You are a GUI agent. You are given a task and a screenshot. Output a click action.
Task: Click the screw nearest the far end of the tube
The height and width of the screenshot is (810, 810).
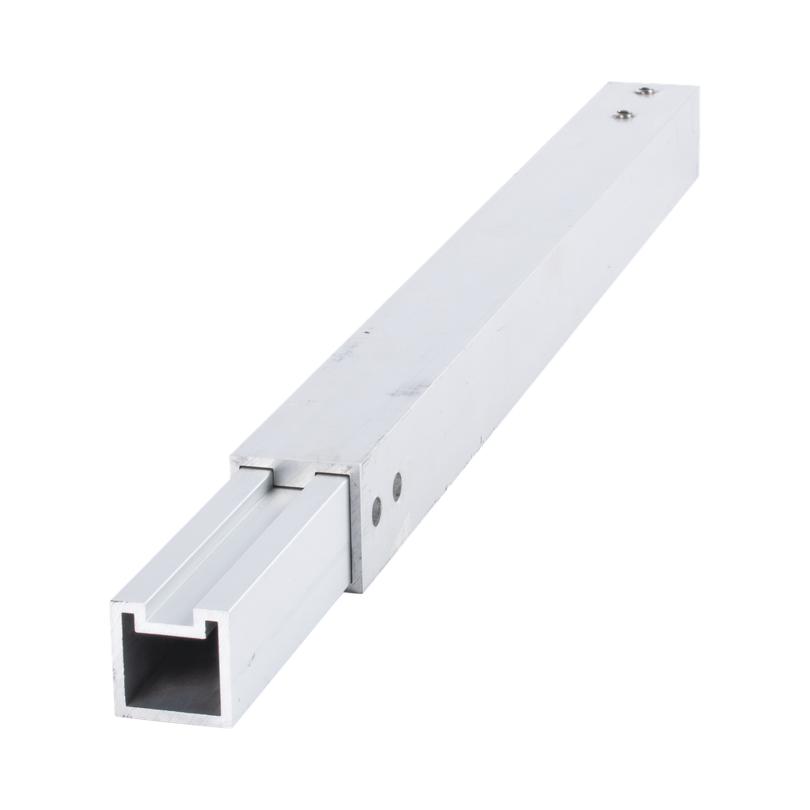tap(646, 92)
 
